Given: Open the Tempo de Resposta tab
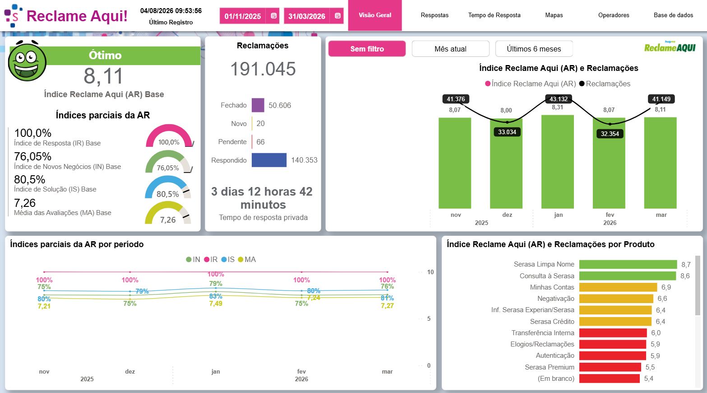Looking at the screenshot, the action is click(x=494, y=15).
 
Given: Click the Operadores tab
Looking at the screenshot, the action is click(x=614, y=15).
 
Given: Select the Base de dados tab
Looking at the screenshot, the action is click(x=673, y=15).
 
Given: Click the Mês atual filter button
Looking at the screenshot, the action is click(x=450, y=49).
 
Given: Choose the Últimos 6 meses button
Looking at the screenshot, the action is click(x=534, y=49).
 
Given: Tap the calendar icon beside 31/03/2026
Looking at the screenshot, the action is click(x=337, y=16).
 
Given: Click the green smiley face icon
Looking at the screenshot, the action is click(x=27, y=61).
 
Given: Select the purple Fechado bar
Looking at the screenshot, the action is click(x=258, y=105).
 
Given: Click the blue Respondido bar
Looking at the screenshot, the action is click(x=269, y=160).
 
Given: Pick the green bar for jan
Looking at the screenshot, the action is click(x=557, y=162).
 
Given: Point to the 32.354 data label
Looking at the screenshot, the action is click(x=610, y=134).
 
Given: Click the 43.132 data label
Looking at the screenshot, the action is click(x=559, y=99).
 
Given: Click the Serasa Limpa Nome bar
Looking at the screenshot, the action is click(x=628, y=264).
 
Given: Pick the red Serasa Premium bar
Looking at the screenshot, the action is click(x=610, y=367).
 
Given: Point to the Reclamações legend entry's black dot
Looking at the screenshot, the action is click(x=582, y=84).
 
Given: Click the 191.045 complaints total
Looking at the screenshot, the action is click(x=263, y=69).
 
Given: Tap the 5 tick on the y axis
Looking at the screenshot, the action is click(x=429, y=318).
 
